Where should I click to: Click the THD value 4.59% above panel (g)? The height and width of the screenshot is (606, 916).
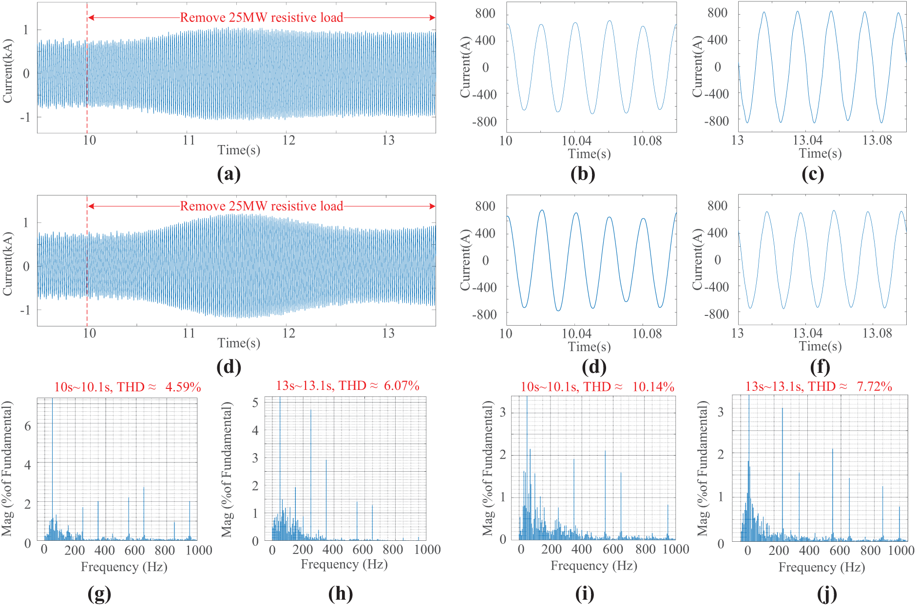(x=183, y=387)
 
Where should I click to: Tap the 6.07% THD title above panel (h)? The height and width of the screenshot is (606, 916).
(x=401, y=386)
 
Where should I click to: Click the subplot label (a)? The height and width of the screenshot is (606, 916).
(x=229, y=174)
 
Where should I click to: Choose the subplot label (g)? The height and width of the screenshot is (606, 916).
(x=99, y=593)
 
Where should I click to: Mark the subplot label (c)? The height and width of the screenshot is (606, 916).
(x=813, y=174)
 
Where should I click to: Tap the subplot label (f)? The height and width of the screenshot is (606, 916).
(x=820, y=367)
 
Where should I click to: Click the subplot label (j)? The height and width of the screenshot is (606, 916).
(x=827, y=593)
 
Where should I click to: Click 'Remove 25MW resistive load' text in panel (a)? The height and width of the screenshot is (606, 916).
(x=262, y=18)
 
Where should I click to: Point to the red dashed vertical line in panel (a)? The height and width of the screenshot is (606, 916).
(x=87, y=73)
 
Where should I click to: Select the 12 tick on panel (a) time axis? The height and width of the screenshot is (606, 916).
(x=289, y=141)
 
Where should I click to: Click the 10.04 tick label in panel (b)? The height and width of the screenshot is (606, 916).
(x=576, y=141)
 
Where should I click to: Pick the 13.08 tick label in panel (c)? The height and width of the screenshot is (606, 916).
(x=877, y=141)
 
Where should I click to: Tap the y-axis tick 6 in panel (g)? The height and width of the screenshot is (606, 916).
(x=28, y=426)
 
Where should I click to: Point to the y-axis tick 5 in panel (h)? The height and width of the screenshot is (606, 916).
(x=255, y=403)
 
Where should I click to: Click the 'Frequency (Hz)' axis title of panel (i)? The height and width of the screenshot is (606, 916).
(x=593, y=566)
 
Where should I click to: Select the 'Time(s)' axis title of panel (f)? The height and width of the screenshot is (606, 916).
(x=820, y=346)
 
